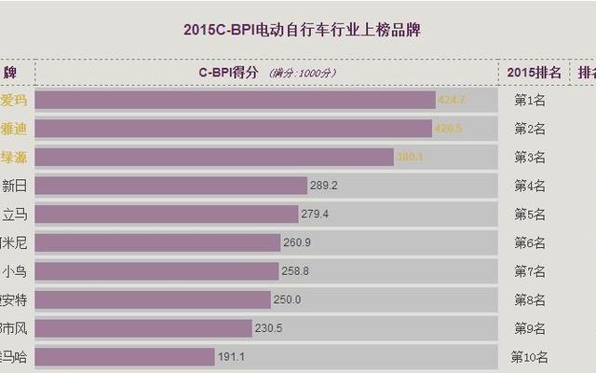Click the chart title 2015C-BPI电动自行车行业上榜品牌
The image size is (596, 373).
coord(300,31)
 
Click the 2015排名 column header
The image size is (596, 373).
coord(535,72)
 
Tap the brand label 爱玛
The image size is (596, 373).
coord(14,100)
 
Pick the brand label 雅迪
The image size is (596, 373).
coord(14,129)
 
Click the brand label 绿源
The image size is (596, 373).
coord(14,157)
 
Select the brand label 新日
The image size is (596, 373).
coord(15,186)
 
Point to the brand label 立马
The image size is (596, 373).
coord(15,214)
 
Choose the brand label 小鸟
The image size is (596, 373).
coord(15,271)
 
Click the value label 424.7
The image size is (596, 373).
coord(451,100)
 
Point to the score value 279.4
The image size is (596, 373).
coord(314,214)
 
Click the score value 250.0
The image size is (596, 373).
coord(286,299)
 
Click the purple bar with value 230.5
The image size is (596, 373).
coord(143,328)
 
